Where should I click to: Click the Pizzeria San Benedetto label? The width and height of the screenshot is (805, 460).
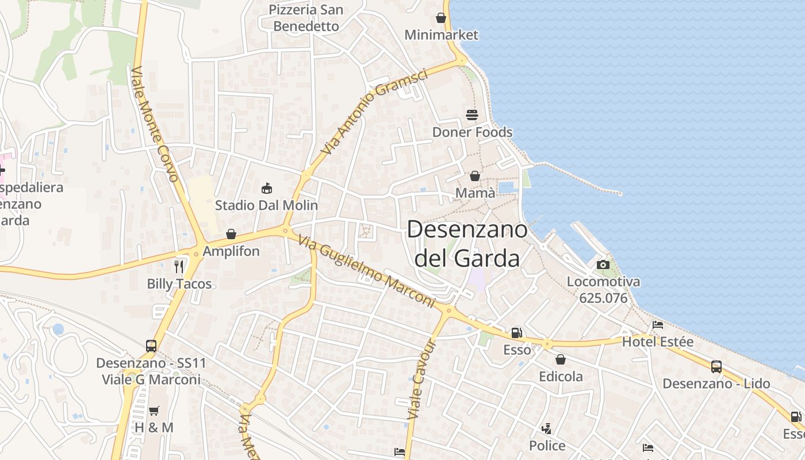click(x=306, y=18)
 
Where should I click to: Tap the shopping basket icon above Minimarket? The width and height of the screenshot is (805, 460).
click(x=441, y=18)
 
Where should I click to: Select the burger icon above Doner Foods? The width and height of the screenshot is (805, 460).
click(x=472, y=115)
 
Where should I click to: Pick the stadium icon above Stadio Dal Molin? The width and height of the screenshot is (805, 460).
click(x=266, y=188)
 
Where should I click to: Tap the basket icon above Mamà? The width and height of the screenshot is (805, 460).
click(x=475, y=176)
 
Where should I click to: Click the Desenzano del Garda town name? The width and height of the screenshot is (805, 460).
click(x=467, y=244)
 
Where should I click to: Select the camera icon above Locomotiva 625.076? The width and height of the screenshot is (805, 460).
click(x=603, y=264)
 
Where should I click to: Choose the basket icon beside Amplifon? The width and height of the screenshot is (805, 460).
click(x=231, y=234)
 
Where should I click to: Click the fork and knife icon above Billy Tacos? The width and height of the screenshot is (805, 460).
click(x=179, y=266)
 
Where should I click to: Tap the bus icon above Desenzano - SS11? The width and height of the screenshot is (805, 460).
click(x=151, y=346)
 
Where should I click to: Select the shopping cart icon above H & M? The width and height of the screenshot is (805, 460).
click(x=154, y=411)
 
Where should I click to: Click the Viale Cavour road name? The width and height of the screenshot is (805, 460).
click(x=422, y=379)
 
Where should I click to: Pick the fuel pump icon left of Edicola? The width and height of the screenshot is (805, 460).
click(x=517, y=332)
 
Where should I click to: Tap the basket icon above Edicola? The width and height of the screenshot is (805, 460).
click(x=561, y=359)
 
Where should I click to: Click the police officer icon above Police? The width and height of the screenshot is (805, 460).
click(x=547, y=428)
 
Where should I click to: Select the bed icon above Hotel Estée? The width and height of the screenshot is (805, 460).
click(x=658, y=325)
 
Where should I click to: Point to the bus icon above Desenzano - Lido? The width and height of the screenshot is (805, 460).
click(x=716, y=366)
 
